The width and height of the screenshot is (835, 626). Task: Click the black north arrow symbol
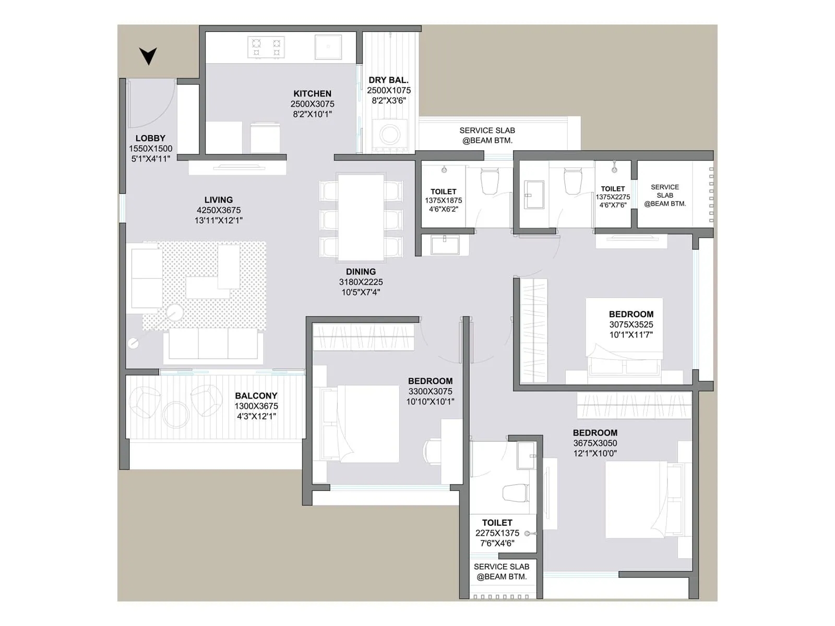pos(148,55)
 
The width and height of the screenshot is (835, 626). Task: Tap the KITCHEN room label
pos(312,93)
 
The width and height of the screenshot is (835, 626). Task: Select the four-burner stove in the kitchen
pos(266,47)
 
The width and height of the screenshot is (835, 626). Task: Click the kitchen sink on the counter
pos(328,47)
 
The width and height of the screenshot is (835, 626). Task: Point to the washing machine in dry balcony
pos(389,135)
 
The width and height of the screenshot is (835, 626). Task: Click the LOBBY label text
pos(150,138)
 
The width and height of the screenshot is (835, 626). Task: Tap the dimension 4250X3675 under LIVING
pos(219,210)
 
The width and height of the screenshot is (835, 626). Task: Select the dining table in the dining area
pos(361,217)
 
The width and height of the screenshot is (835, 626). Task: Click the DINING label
pos(361,272)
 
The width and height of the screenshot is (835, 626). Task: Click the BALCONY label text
pos(256,396)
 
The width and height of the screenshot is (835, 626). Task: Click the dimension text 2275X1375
pos(497,533)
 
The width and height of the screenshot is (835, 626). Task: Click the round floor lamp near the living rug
pos(175,313)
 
